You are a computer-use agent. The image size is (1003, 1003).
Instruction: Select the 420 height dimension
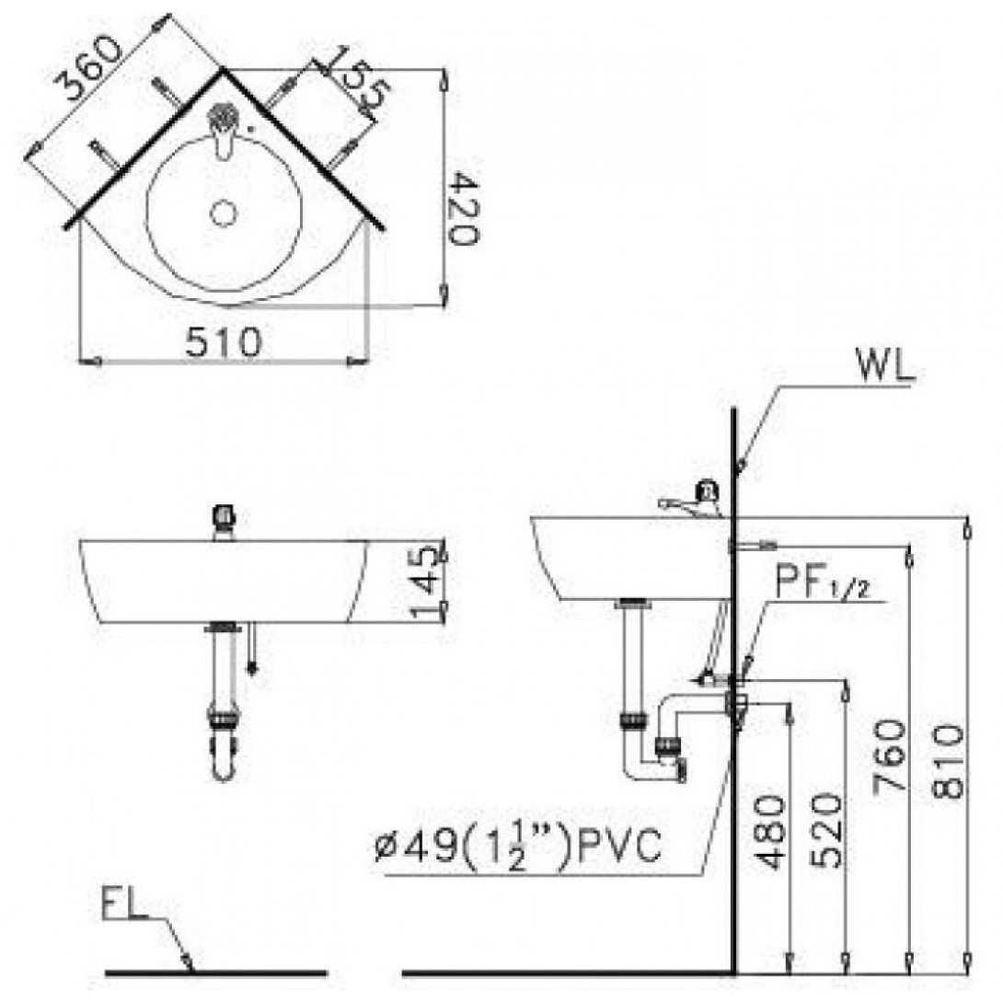click(463, 208)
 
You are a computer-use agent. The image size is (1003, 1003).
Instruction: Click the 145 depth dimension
click(424, 582)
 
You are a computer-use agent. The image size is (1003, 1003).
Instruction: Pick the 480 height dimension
click(770, 832)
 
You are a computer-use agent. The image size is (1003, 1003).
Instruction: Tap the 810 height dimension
click(948, 761)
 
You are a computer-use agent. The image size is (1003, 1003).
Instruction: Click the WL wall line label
click(886, 366)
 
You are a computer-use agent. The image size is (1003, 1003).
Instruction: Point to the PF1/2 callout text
click(823, 582)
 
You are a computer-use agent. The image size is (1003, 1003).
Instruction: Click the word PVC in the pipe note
click(618, 847)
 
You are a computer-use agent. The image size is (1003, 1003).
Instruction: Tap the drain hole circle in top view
click(224, 213)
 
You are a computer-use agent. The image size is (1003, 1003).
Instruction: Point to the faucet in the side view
click(691, 499)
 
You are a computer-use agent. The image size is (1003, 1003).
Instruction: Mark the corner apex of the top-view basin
click(222, 68)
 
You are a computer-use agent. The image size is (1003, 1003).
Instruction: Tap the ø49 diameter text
click(416, 847)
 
